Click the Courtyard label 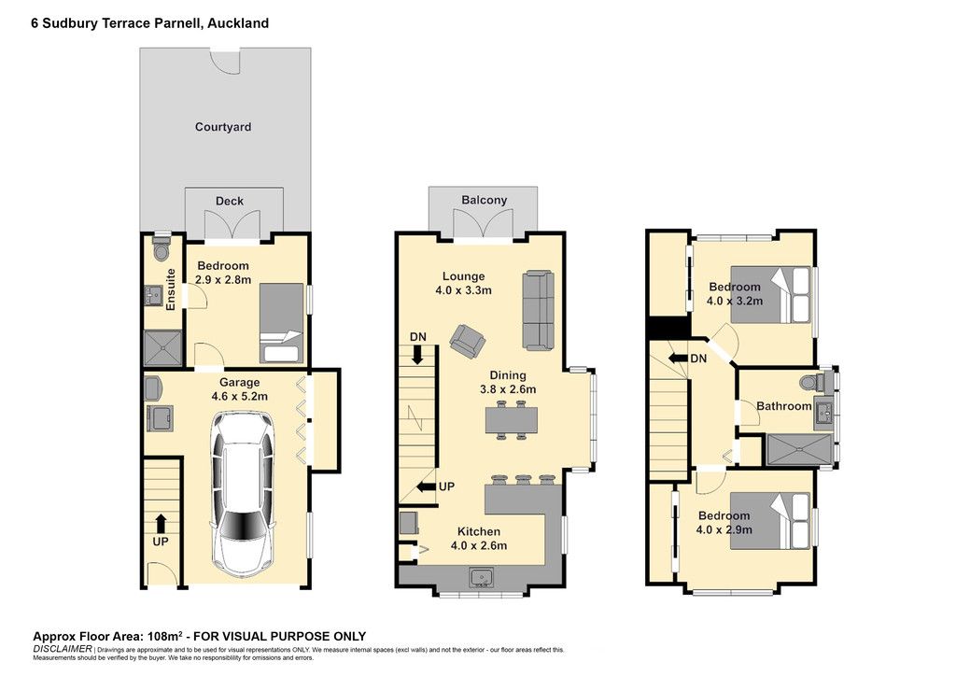(x=222, y=127)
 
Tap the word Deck (x=230, y=201)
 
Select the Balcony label (x=485, y=200)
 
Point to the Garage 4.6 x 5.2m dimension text (x=240, y=389)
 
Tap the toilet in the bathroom (x=812, y=382)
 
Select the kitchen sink (x=482, y=577)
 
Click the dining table (x=512, y=419)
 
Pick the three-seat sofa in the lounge (x=539, y=311)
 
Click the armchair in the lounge (x=468, y=340)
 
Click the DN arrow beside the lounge (x=417, y=355)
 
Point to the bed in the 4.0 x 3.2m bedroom (x=770, y=294)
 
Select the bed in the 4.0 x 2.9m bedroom (x=770, y=521)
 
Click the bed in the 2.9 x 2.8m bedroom (x=281, y=323)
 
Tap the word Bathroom (x=784, y=406)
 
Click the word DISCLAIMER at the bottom (x=63, y=649)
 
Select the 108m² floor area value (x=164, y=637)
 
